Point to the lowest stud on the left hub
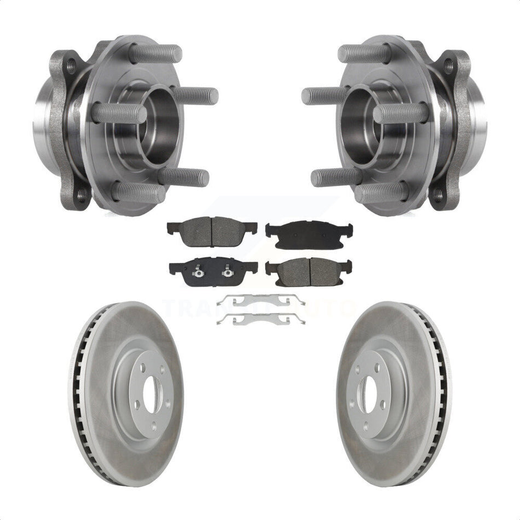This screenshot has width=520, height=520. (138, 192)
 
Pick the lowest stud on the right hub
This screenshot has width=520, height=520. (382, 192)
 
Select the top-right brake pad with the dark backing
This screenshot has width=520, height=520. (309, 233)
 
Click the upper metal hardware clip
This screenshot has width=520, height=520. (261, 300)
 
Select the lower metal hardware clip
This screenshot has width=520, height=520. (261, 319)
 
